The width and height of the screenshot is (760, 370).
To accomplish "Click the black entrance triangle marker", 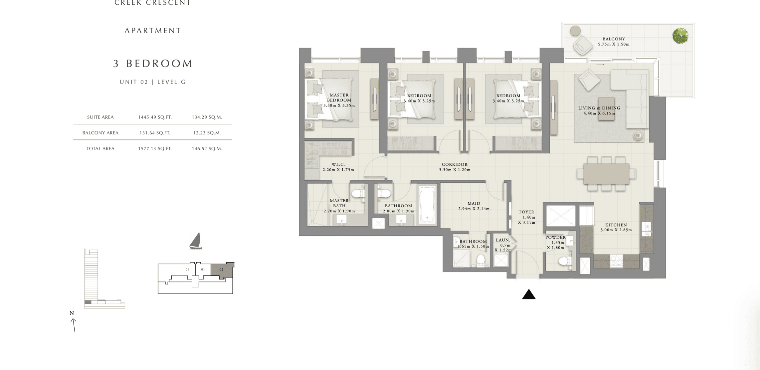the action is [529, 294].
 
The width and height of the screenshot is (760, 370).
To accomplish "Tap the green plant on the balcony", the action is [680, 36].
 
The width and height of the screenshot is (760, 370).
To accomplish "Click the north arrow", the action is [73, 325].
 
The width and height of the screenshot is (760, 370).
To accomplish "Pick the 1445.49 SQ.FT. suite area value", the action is [155, 117].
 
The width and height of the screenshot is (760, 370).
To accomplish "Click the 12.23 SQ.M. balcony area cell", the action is [207, 133].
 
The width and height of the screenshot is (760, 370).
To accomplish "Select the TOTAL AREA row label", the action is [100, 149].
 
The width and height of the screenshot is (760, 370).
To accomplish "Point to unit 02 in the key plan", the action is [221, 270].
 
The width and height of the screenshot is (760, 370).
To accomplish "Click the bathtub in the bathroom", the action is [427, 205].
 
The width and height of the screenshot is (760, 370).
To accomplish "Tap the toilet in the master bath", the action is [358, 194].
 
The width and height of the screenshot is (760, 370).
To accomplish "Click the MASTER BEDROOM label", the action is [339, 98].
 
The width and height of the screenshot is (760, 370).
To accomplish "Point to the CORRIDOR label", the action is [455, 164].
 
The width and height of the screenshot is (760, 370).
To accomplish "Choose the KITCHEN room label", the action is [616, 225].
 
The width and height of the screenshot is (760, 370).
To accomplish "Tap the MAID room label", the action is [474, 203].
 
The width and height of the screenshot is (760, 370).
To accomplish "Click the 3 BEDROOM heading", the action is [153, 63].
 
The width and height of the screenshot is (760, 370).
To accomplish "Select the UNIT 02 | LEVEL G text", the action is [153, 82].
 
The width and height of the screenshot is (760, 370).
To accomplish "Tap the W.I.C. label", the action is [338, 164].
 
